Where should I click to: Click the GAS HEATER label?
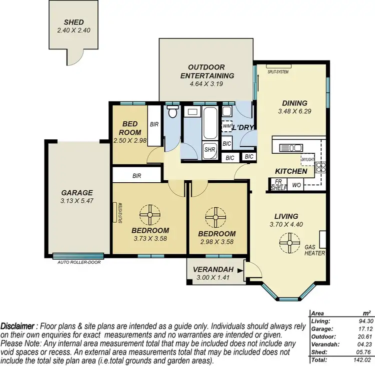(x=315, y=250)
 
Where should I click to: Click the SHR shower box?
(x=208, y=149)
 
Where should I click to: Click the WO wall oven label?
(x=296, y=185)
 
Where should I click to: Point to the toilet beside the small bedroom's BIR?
(x=172, y=111)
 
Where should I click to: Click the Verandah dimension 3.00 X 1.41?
(x=214, y=278)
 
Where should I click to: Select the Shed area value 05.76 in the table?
(x=359, y=352)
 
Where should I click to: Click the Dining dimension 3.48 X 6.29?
(x=294, y=111)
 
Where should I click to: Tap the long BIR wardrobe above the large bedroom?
(x=136, y=176)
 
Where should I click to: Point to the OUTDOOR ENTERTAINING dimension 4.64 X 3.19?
(x=206, y=84)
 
